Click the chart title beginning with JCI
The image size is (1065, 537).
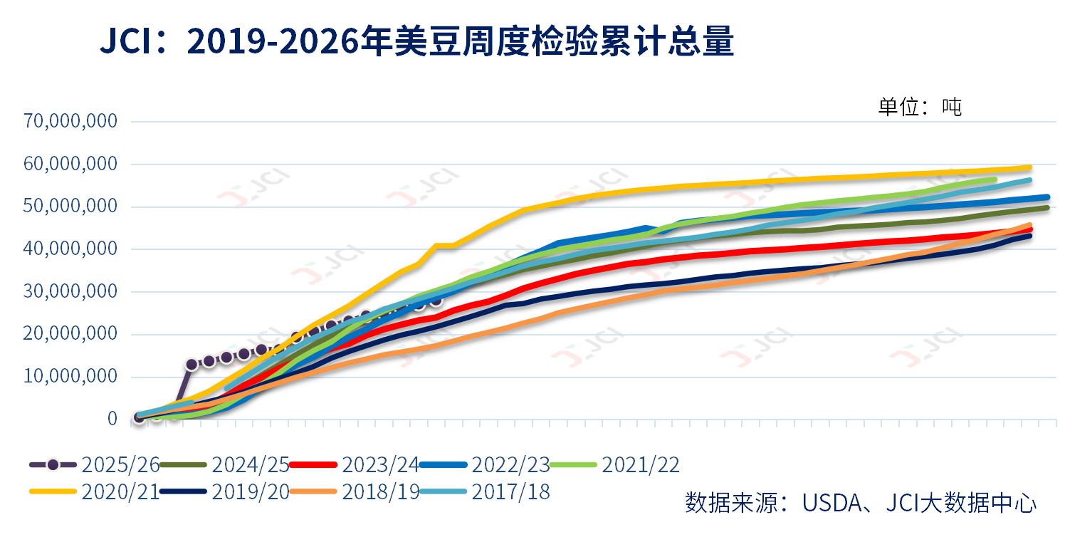pyautogui.click(x=416, y=43)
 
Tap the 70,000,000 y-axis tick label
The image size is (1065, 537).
pyautogui.click(x=70, y=121)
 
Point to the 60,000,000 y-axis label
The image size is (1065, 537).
pyautogui.click(x=70, y=164)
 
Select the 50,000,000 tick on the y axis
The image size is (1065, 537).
pyautogui.click(x=70, y=207)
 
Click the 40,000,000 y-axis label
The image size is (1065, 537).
pyautogui.click(x=70, y=249)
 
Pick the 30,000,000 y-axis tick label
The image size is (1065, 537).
pyautogui.click(x=70, y=292)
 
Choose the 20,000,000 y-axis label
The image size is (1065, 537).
pyautogui.click(x=70, y=335)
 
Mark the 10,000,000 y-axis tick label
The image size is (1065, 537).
pyautogui.click(x=70, y=377)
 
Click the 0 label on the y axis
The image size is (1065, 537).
pyautogui.click(x=112, y=419)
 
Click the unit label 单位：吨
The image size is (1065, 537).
pyautogui.click(x=920, y=107)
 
